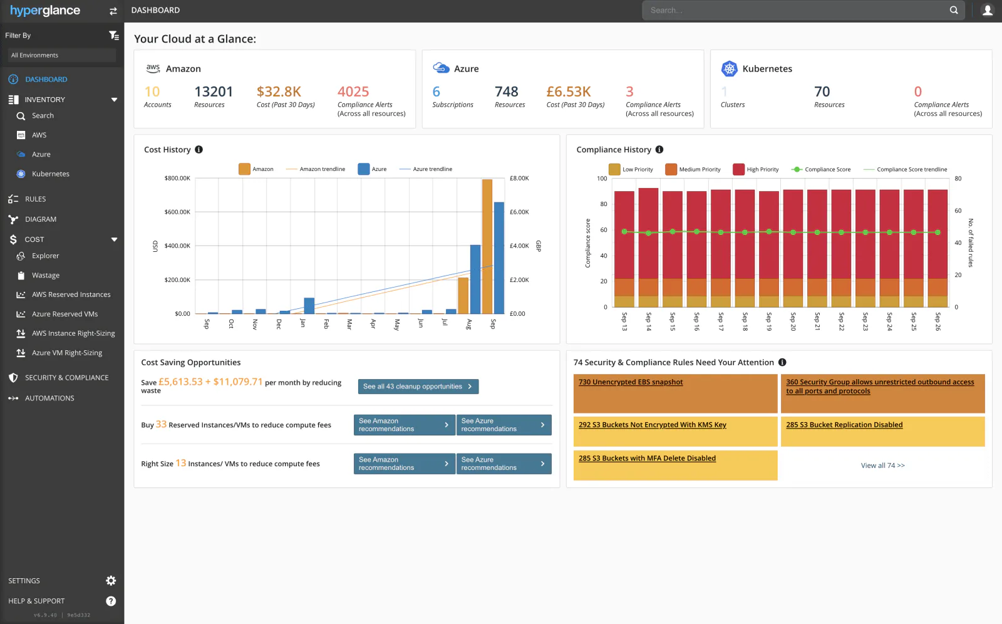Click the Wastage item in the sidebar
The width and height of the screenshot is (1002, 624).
(45, 276)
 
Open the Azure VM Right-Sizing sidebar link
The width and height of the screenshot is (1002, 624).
(66, 353)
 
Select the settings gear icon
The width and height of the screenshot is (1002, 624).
(111, 581)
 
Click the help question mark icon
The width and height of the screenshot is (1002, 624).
(111, 601)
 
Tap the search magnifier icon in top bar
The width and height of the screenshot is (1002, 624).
(954, 10)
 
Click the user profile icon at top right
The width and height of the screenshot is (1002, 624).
(988, 10)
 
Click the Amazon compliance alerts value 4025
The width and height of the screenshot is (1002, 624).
(353, 92)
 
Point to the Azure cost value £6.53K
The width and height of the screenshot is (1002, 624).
(568, 92)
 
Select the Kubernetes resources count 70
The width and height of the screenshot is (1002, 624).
(822, 92)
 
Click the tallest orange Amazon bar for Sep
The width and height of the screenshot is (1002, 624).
(487, 246)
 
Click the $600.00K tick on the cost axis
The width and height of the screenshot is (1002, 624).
(177, 212)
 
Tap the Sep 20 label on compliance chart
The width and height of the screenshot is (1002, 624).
(793, 321)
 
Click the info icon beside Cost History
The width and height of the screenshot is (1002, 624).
(199, 150)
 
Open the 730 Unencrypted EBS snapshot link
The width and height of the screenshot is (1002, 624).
(630, 382)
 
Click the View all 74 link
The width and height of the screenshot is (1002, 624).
(882, 465)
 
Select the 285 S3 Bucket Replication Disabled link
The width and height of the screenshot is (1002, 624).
(844, 425)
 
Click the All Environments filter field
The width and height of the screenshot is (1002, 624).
(62, 55)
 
